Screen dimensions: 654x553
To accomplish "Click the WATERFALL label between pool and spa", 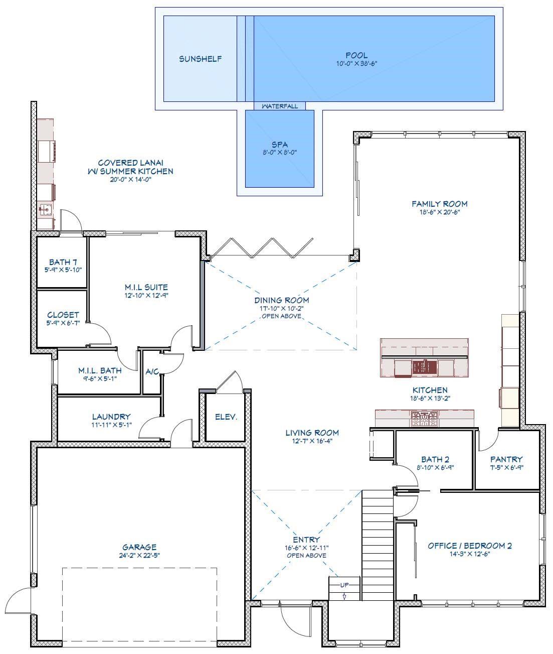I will tap(279, 106).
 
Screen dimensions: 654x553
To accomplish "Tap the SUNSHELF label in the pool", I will tap(201, 59).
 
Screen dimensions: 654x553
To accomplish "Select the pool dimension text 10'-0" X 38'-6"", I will tap(356, 64).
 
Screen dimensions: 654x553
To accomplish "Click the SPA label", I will tap(279, 145).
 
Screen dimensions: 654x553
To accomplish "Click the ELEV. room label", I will tap(226, 417).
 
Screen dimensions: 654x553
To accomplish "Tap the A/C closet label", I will tap(152, 372).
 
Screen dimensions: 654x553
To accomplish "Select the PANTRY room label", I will tap(506, 459).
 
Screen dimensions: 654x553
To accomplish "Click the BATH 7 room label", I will tap(63, 262).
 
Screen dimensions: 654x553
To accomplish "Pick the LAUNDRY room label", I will tap(111, 417).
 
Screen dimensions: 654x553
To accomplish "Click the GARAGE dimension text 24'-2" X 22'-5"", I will tap(139, 555).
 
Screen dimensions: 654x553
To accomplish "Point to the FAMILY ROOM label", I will tap(439, 203).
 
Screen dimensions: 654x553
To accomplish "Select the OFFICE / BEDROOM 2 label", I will tap(469, 546).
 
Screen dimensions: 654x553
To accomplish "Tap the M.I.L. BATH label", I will tap(99, 370).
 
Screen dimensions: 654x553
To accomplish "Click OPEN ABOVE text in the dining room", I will tap(281, 316).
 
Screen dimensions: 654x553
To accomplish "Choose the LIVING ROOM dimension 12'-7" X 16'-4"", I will tap(312, 441).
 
